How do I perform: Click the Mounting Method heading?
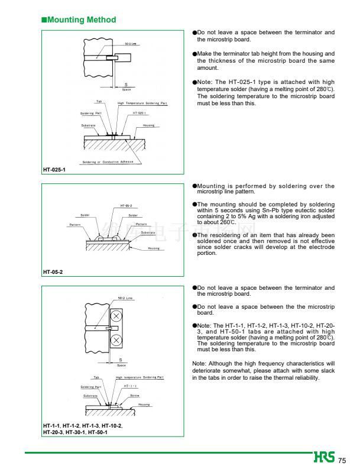point(79,20)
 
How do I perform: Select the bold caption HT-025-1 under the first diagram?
point(54,170)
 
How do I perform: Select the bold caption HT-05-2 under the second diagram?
point(53,271)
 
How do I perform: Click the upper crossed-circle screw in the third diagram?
point(116,317)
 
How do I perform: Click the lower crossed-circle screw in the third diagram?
point(116,339)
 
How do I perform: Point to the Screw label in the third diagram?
point(135,395)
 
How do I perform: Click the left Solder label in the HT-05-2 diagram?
point(85,215)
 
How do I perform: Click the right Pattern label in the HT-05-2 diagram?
point(141,224)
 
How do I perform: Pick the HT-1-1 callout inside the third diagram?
point(130,386)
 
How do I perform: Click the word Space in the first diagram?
point(127,89)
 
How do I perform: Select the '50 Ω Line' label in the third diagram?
point(126,299)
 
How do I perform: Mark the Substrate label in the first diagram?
point(89,125)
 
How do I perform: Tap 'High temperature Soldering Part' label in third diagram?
point(140,377)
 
